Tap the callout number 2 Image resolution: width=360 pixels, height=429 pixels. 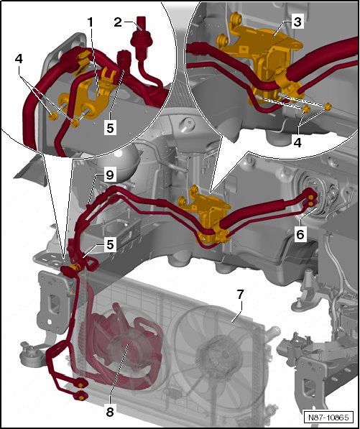[118, 22]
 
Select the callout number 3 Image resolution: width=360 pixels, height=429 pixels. [297, 22]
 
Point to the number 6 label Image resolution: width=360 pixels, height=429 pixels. [300, 234]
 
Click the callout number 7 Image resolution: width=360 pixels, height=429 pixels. [240, 295]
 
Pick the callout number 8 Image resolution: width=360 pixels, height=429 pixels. [110, 412]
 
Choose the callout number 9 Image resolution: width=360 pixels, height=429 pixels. [110, 175]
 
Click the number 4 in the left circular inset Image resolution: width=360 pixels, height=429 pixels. [19, 59]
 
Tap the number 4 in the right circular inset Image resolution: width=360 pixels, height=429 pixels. [298, 142]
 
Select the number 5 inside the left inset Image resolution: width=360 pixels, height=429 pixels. [110, 128]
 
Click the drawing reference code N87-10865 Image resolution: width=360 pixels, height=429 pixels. [329, 418]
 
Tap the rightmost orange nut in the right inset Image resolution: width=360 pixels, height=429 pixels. [328, 106]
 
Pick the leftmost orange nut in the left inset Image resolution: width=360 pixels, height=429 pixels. [52, 117]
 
